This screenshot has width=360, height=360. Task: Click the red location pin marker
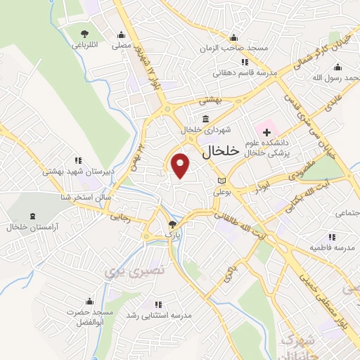pos(181,165)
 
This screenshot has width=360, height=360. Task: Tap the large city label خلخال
pos(220,152)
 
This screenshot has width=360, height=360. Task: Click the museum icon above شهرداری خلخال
pos(205,117)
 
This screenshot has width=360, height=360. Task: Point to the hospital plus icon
pos(266,131)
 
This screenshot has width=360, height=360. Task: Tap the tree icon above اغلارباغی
pos(86,34)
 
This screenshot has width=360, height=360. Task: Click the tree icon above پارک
pos(172,224)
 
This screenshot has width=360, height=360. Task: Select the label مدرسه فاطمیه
pos(330,248)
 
